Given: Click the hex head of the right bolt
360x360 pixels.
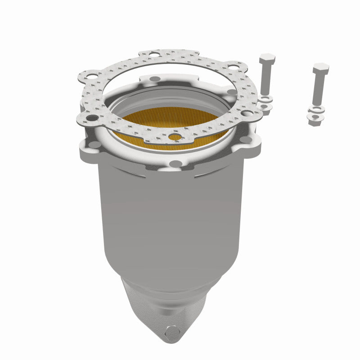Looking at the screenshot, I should [x=321, y=69].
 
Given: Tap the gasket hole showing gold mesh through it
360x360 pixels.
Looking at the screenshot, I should [x=175, y=136].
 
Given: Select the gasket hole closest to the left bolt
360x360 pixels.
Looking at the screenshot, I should [x=246, y=113].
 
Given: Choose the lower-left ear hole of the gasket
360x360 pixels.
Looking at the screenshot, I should [x=92, y=118].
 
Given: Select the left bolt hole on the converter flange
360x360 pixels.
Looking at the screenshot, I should [x=95, y=144].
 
